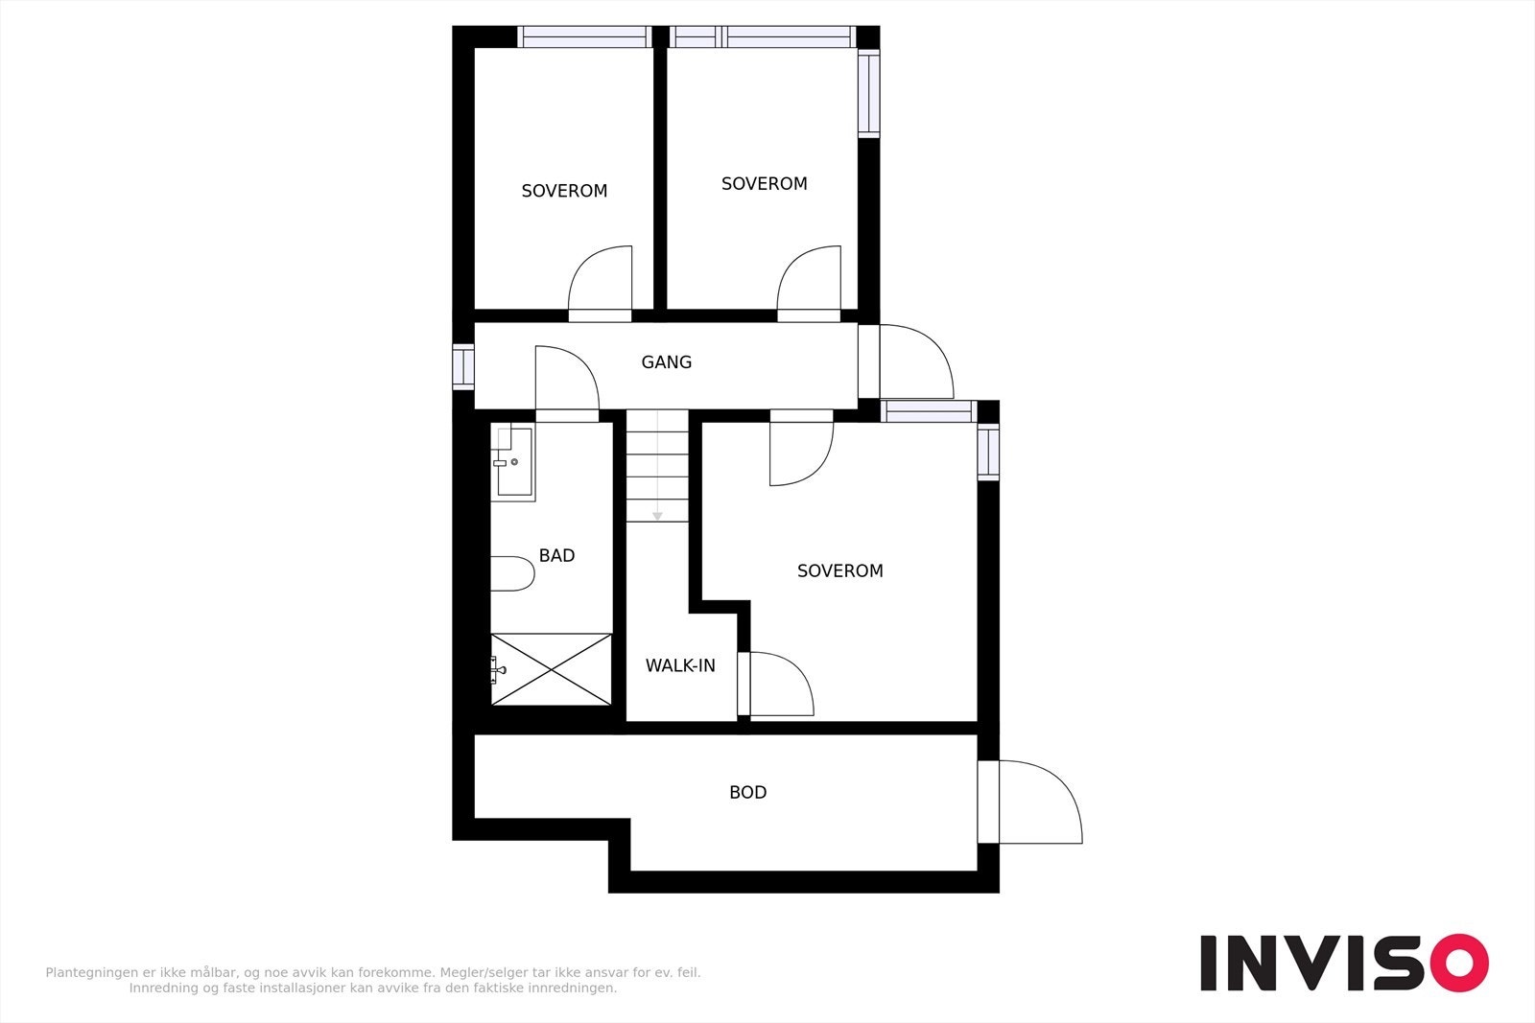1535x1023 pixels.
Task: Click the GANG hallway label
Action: pos(666,362)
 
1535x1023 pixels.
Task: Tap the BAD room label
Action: pos(556,556)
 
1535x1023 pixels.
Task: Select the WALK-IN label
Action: pos(680,665)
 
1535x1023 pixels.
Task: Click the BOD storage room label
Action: pos(747,793)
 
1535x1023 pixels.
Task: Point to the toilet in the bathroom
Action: pos(511,574)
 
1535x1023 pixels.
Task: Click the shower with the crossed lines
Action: pos(552,669)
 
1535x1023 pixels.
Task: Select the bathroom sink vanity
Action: pos(514,463)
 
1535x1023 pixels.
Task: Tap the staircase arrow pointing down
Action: pos(657,515)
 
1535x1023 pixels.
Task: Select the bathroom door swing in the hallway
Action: pos(566,380)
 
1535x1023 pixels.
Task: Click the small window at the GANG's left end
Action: pos(463,367)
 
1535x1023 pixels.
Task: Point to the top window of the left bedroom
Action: pos(584,37)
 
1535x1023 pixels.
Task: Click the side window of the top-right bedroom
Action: pos(868,93)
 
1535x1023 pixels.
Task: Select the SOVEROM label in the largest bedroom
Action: pos(839,571)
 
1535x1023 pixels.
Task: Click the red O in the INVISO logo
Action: pos(1459,963)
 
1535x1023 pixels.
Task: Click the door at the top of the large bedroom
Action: pos(800,451)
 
